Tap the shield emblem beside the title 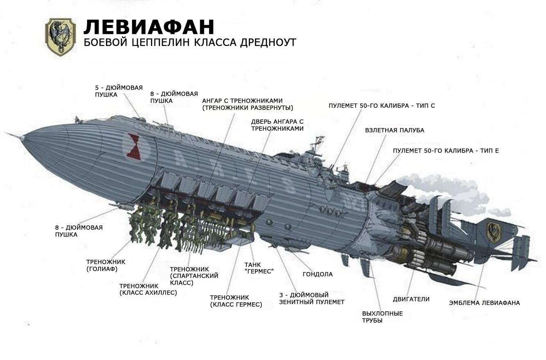[x=61, y=37]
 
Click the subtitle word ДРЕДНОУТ [x=268, y=43]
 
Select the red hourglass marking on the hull [x=134, y=146]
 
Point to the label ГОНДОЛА [x=318, y=274]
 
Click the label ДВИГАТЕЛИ [x=411, y=299]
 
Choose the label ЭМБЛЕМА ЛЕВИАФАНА [x=484, y=303]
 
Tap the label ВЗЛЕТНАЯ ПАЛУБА [x=395, y=130]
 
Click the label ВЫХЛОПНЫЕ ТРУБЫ [x=382, y=317]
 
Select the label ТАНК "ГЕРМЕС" [x=259, y=268]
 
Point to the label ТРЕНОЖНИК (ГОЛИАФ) [x=106, y=265]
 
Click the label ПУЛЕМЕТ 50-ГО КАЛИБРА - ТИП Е [x=446, y=151]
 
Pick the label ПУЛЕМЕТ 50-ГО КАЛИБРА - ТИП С [x=382, y=106]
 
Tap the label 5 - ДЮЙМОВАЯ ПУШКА [x=119, y=91]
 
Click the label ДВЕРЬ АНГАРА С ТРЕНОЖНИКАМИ [x=278, y=125]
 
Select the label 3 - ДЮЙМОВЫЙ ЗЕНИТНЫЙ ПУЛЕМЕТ [x=312, y=299]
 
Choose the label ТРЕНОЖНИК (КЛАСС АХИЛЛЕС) [x=148, y=289]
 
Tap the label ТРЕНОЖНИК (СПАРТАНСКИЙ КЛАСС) [x=194, y=276]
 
